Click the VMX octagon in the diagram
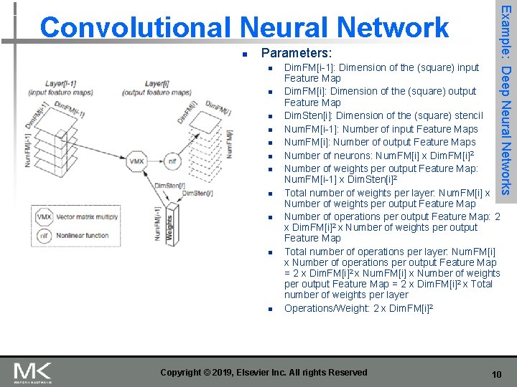pyautogui.click(x=136, y=162)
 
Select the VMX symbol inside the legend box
pyautogui.click(x=45, y=216)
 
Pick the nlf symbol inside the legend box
pyautogui.click(x=45, y=235)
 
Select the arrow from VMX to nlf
pyautogui.click(x=155, y=162)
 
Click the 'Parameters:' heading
pyautogui.click(x=297, y=54)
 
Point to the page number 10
pyautogui.click(x=495, y=374)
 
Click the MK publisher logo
pyautogui.click(x=33, y=373)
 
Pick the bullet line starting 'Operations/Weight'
pyautogui.click(x=359, y=309)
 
